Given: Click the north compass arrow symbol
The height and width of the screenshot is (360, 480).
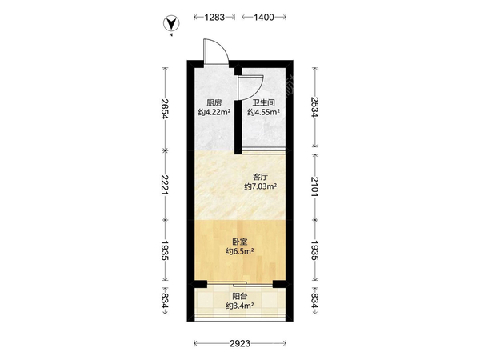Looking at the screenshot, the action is (x=171, y=23).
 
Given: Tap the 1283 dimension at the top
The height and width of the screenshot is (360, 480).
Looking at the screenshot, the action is (x=214, y=17).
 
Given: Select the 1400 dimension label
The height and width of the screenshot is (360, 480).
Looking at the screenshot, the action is (x=263, y=17).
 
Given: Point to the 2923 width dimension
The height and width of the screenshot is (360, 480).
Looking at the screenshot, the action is (x=240, y=343).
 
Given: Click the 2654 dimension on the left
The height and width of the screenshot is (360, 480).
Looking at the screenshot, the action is (x=165, y=109).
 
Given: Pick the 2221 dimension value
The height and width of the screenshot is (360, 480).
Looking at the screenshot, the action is (x=165, y=185).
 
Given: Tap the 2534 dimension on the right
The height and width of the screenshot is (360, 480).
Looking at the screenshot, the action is (x=314, y=107).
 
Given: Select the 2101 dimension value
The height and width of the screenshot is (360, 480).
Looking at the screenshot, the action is (x=314, y=186).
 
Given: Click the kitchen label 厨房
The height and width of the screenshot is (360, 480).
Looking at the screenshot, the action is (x=214, y=102).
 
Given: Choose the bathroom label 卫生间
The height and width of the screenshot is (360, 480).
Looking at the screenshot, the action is (x=263, y=102).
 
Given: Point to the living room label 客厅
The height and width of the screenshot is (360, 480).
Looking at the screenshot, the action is (x=261, y=177).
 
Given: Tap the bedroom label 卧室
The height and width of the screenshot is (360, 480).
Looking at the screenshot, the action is (x=240, y=242).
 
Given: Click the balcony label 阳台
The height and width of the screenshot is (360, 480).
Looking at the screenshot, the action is (x=240, y=296).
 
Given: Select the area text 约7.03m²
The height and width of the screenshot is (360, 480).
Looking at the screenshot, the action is (x=261, y=186).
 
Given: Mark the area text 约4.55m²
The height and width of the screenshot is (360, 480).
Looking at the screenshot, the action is (x=263, y=112).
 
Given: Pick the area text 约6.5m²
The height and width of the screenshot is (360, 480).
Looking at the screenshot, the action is (x=240, y=251).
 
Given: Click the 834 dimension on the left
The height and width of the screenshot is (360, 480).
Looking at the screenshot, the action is (x=165, y=301).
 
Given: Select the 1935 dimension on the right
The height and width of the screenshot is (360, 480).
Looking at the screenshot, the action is (x=314, y=250).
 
